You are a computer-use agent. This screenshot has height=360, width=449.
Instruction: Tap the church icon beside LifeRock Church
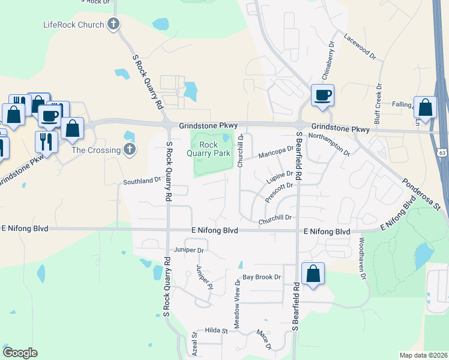113,25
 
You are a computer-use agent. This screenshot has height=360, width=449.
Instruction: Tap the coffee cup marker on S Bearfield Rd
322,95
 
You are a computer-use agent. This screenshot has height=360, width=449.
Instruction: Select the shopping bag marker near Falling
425,108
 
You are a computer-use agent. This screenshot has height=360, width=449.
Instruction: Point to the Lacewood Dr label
359,46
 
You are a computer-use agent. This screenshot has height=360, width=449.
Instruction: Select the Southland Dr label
142,179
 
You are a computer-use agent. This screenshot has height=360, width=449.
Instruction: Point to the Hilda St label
217,331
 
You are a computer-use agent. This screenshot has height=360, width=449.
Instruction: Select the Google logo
20,353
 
